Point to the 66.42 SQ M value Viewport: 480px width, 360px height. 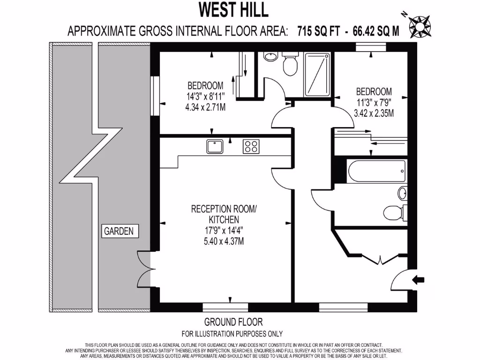(x=376, y=31)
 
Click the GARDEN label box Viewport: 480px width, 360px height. (x=119, y=231)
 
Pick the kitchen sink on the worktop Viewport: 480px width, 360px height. (x=215, y=147)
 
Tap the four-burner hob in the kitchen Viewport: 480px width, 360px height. (x=251, y=147)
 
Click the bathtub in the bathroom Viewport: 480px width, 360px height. (x=376, y=172)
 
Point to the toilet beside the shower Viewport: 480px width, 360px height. (x=290, y=66)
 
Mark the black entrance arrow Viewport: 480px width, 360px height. (x=417, y=280)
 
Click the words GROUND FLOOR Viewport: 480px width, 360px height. (x=233, y=322)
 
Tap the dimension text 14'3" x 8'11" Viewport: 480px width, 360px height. (x=205, y=97)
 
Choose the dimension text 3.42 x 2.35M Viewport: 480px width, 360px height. (x=374, y=113)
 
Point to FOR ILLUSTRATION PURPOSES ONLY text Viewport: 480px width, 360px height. (x=232, y=334)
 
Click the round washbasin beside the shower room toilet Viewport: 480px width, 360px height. (x=270, y=57)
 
